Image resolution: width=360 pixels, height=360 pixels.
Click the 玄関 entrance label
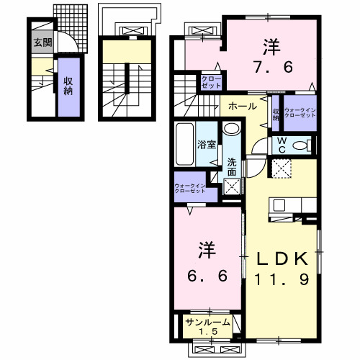(x=41, y=42)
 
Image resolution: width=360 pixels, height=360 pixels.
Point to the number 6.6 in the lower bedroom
(x=205, y=276)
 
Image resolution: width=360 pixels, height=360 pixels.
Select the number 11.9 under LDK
(x=283, y=279)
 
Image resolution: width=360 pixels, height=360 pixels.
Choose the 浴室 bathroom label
(x=207, y=144)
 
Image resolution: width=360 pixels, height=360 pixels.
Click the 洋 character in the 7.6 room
(x=271, y=45)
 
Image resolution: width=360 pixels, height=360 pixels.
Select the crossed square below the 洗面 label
(x=232, y=186)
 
